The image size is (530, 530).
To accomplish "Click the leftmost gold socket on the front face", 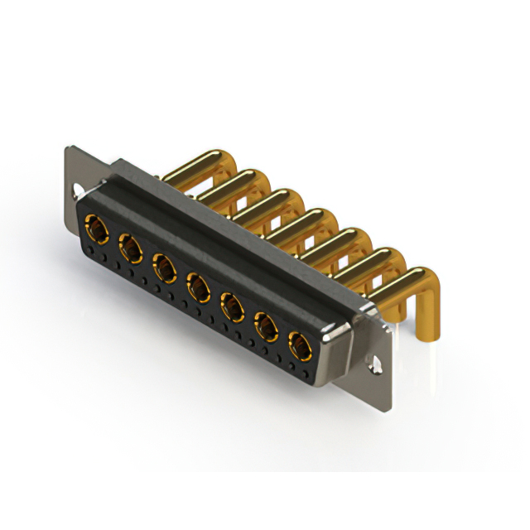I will tap(95, 227).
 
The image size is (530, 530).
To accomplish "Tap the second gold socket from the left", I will tap(129, 246).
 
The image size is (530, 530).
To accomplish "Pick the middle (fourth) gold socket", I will tap(197, 287).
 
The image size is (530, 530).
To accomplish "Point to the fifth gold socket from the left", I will tap(231, 308).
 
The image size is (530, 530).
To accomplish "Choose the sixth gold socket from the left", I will tap(266, 328).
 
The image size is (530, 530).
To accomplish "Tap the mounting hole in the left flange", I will tap(75, 190).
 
